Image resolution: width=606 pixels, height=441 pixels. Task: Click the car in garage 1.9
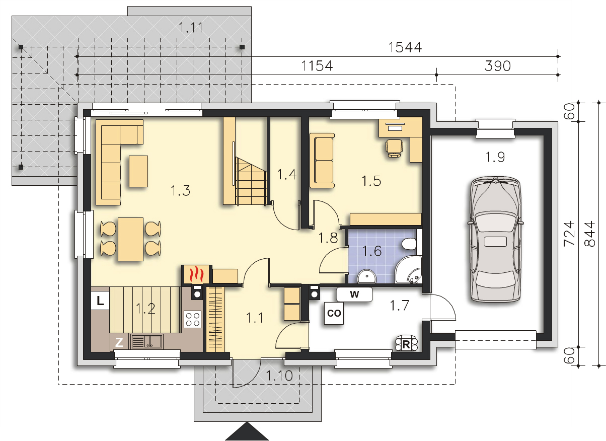[495, 239]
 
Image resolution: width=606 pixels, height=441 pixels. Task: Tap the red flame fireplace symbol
[196, 274]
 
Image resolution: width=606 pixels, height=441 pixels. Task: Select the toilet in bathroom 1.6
[409, 244]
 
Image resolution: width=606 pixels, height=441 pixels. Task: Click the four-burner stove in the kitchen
[193, 319]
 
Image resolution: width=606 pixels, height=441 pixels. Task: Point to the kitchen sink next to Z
[147, 341]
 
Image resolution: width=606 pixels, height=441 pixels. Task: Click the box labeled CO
[334, 313]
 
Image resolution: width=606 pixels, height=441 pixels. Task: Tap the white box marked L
[100, 301]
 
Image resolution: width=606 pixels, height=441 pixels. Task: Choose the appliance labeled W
[354, 295]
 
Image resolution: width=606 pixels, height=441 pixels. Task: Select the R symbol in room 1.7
[406, 344]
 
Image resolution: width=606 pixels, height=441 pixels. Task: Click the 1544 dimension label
[405, 47]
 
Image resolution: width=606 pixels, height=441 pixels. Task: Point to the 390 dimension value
[497, 66]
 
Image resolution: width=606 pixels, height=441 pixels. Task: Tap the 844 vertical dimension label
[590, 234]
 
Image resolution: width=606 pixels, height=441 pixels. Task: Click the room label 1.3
[181, 190]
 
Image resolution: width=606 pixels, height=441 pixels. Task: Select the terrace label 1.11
[191, 27]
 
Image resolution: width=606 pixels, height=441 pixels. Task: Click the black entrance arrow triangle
[247, 431]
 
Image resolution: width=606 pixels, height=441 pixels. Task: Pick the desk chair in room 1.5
[394, 148]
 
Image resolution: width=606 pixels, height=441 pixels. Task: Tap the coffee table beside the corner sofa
[138, 171]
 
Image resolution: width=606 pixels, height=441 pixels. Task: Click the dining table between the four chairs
[130, 239]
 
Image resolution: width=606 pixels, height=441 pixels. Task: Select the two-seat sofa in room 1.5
[322, 160]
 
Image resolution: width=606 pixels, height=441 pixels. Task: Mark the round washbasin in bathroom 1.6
[367, 276]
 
